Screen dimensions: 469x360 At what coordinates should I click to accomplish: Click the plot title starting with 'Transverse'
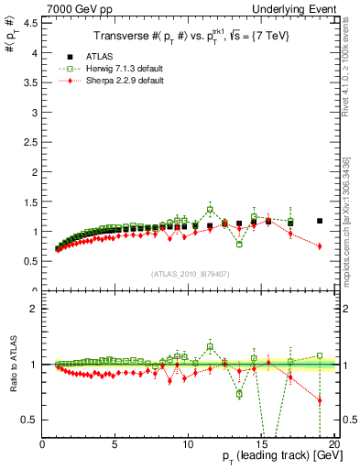(189, 37)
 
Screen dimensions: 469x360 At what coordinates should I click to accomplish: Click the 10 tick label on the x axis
(187, 445)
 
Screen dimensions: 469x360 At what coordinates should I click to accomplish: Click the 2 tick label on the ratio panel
(33, 309)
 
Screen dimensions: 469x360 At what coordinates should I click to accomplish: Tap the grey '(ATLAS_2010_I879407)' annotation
(190, 273)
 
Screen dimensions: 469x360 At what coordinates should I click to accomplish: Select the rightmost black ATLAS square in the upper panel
(320, 221)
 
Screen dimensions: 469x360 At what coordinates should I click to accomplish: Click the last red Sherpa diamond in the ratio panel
(320, 400)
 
